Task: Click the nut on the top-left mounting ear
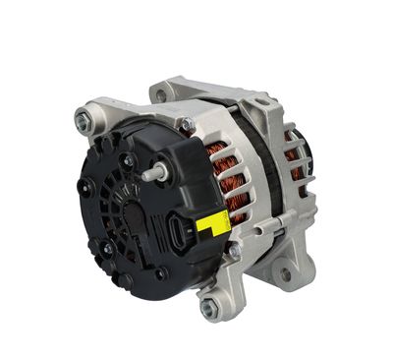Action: point(84,121)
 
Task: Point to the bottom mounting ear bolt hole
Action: point(210,307)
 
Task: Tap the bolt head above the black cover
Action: point(185,125)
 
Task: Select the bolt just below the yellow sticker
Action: point(233,252)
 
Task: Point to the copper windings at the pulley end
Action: point(296,156)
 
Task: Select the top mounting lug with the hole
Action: point(162,93)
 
